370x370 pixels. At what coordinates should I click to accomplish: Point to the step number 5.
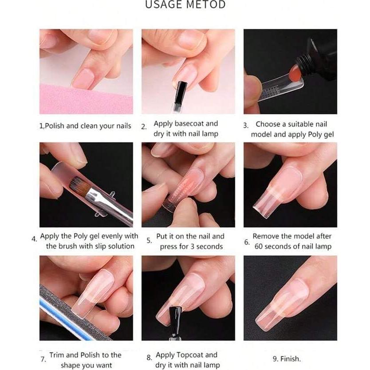(x=149, y=241)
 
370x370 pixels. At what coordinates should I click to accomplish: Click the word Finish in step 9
(x=291, y=358)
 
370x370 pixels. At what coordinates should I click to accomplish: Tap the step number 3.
(x=246, y=126)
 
